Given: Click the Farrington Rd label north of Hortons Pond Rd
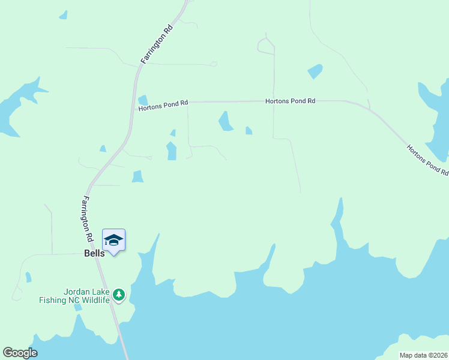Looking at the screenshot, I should click(157, 44).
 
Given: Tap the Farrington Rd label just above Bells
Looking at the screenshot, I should click(88, 219).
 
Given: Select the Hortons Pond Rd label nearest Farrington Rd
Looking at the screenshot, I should click(163, 106).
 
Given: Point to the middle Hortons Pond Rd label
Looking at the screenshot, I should click(291, 101).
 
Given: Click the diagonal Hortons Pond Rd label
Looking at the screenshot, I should click(427, 160).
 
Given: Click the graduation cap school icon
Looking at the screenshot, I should click(113, 241).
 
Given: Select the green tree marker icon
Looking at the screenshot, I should click(119, 294).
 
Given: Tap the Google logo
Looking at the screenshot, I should click(20, 353).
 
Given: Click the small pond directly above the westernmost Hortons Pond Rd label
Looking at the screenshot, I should click(143, 100).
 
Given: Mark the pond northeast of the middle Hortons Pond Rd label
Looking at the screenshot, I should click(315, 71).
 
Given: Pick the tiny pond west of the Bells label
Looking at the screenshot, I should click(28, 277).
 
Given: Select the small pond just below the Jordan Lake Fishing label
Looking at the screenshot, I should click(77, 307).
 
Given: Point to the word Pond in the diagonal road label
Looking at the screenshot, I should click(430, 162).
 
